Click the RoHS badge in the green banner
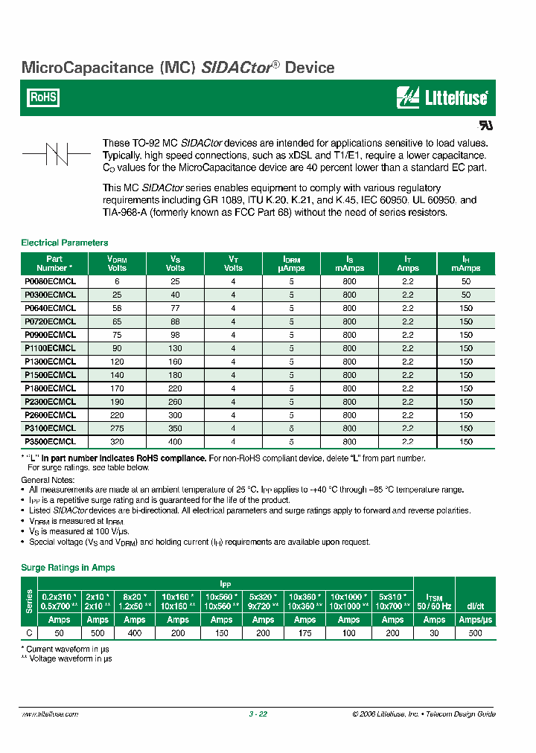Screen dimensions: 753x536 point(43,97)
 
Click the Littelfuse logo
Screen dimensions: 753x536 point(442,97)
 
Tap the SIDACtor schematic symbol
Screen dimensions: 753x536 point(57,155)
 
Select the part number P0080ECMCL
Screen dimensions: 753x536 point(51,282)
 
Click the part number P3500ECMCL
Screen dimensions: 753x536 point(51,441)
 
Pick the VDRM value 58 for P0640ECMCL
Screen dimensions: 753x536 point(117,308)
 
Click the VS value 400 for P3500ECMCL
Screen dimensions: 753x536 point(175,441)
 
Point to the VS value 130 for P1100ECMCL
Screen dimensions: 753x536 point(175,348)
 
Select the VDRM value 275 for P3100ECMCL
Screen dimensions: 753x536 point(117,428)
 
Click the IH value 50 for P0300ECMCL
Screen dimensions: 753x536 point(466,295)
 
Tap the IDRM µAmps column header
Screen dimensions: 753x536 point(291,263)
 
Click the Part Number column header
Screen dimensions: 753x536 point(54,263)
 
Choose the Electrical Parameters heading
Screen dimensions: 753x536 point(65,243)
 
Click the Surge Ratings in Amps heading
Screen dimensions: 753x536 point(68,568)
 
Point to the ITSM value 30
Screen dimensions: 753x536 point(434,633)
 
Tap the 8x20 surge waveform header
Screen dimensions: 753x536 point(135,601)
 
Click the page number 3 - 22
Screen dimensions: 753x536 point(258,714)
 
